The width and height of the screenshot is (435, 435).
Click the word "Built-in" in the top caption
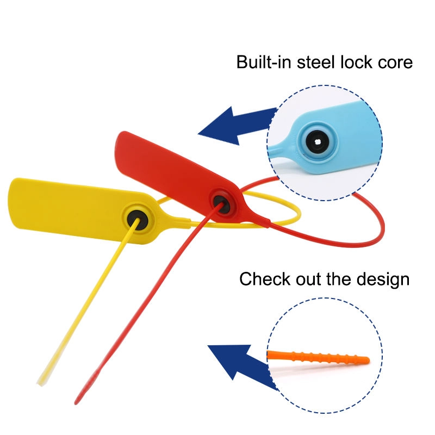(x=264, y=61)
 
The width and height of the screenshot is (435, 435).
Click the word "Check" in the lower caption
(x=265, y=278)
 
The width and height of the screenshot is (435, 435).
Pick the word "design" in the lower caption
(x=383, y=280)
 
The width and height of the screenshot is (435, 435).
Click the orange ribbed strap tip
(x=319, y=357)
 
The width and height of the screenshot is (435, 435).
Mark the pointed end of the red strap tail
(x=76, y=403)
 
